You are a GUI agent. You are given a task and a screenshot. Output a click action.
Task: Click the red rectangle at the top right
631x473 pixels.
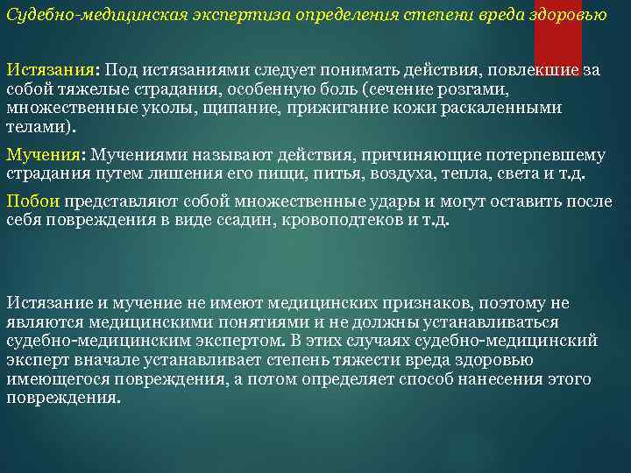(x=557, y=35)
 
